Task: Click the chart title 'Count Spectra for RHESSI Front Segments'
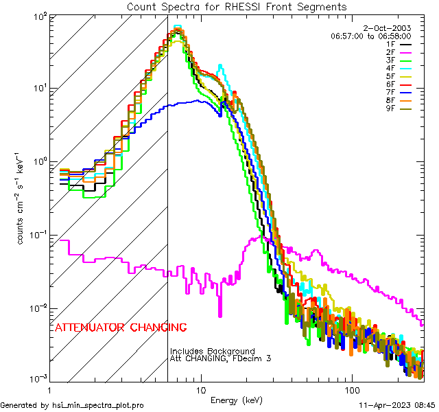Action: [x=237, y=6]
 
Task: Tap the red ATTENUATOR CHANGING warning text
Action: [x=121, y=327]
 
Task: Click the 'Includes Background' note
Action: [x=213, y=351]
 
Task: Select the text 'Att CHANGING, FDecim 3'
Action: [x=221, y=358]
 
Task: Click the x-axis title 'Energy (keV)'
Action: [x=237, y=400]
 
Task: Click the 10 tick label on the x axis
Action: [x=200, y=389]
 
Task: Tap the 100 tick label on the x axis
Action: [x=351, y=389]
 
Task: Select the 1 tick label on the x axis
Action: [x=49, y=389]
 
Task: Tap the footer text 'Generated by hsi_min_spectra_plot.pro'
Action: [x=72, y=405]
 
